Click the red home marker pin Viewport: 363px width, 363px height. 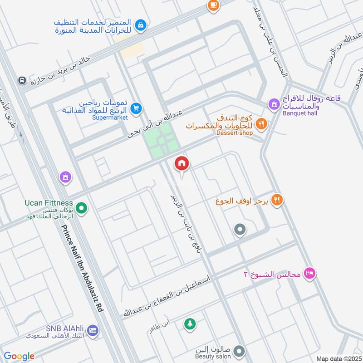tap(182, 164)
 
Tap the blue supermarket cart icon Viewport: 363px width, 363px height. tap(136, 108)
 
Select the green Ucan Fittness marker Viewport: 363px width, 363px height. tap(81, 208)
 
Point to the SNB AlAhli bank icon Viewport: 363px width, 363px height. tap(93, 330)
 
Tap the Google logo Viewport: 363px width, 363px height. tap(19, 356)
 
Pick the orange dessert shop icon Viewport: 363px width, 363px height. tap(261, 123)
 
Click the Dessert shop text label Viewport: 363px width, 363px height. tap(234, 132)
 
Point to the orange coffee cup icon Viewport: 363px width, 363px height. tap(212, 5)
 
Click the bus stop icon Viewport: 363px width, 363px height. tap(21, 80)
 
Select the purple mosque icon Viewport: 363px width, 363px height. tap(66, 177)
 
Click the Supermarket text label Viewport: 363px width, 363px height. tap(110, 117)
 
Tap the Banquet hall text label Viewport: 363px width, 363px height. tap(299, 113)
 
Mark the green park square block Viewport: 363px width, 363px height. tap(161, 141)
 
